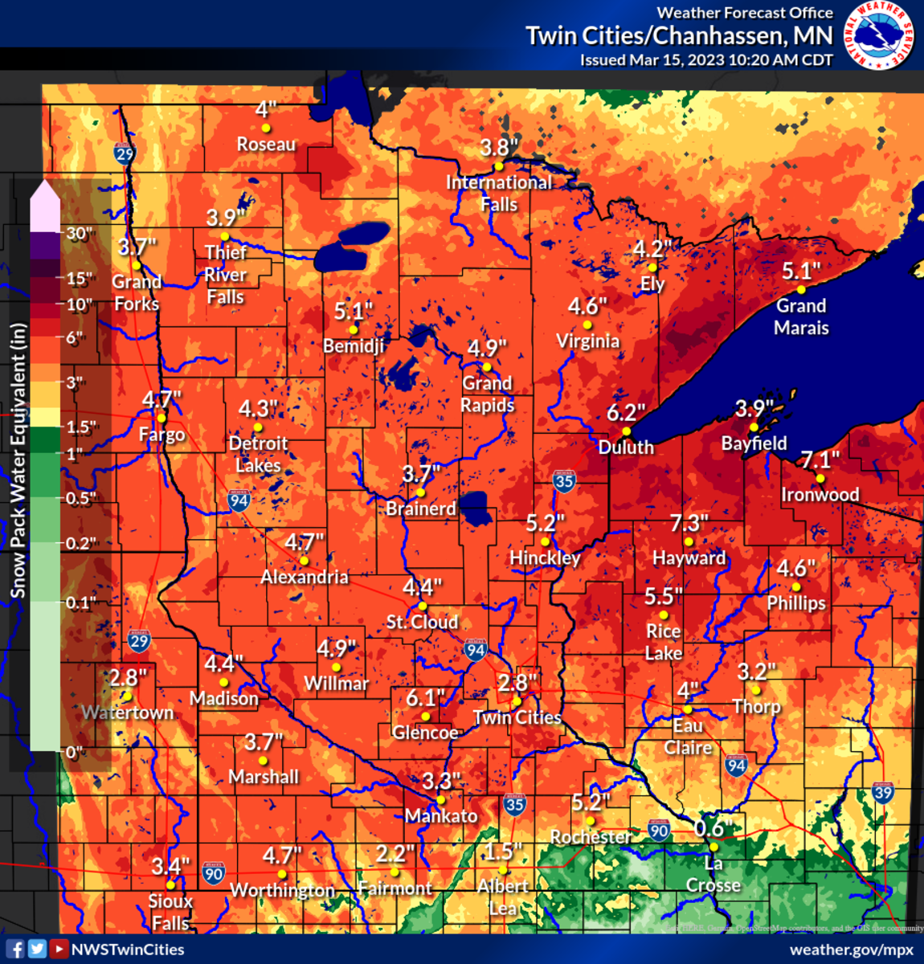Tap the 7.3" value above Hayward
(x=689, y=524)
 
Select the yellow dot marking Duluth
(x=626, y=431)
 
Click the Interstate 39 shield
(x=882, y=793)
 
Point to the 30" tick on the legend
(x=79, y=234)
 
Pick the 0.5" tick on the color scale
(x=79, y=498)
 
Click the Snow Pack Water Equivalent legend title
(x=18, y=460)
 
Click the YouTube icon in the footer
(x=59, y=949)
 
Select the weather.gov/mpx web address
(x=852, y=949)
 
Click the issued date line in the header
(x=706, y=60)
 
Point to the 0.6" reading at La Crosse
(x=709, y=828)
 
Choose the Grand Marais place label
(x=801, y=317)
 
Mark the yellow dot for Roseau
(x=266, y=128)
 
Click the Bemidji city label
(x=354, y=346)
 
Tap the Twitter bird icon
(x=37, y=949)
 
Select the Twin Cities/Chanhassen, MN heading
(x=679, y=36)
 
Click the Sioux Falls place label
(x=170, y=912)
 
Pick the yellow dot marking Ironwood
(x=820, y=479)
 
